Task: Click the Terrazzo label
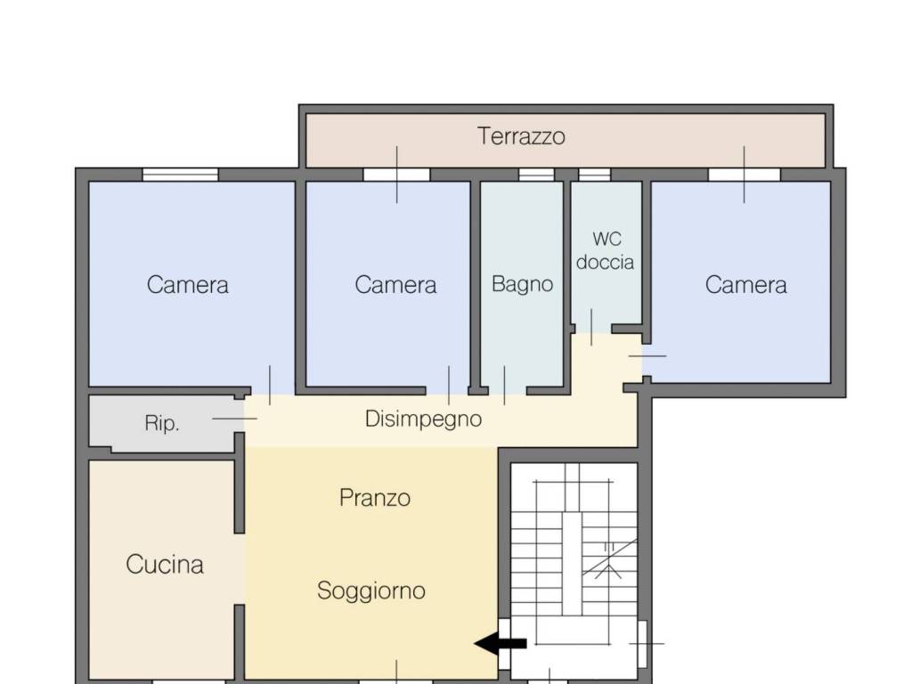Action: point(521,136)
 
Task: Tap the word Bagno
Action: point(522,284)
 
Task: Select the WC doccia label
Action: point(606,250)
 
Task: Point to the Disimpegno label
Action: point(423,419)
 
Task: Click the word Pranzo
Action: point(375,498)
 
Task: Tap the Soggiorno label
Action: point(371,591)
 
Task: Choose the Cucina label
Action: point(165,565)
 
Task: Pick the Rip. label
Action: point(162,423)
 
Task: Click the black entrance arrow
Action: point(501,643)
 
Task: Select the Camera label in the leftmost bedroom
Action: point(187,285)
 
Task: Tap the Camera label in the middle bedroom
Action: point(395,285)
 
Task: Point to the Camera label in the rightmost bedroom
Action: point(745,285)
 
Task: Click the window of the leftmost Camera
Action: point(180,175)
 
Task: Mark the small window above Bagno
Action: point(536,175)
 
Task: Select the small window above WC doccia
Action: point(594,175)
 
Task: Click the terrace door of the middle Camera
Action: point(396,175)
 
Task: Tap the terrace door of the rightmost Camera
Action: point(744,175)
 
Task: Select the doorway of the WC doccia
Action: point(592,330)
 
